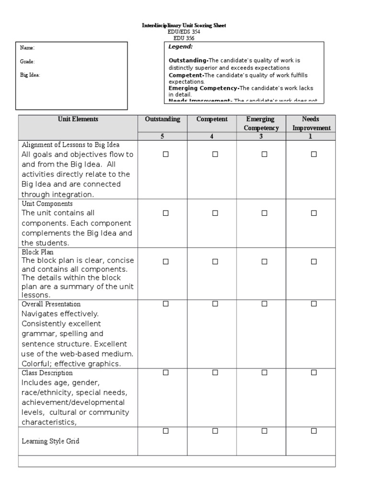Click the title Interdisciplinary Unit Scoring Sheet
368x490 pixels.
point(184,25)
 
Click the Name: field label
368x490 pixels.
point(27,48)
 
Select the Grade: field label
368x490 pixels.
point(27,62)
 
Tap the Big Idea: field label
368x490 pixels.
point(30,75)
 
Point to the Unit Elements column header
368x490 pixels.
point(78,119)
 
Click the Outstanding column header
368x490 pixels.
point(162,119)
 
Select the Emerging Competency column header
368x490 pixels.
point(261,123)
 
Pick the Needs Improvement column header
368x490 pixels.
point(311,123)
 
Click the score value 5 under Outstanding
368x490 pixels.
point(162,136)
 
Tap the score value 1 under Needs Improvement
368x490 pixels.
point(310,136)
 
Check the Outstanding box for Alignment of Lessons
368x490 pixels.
point(166,154)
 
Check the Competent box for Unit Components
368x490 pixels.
point(215,213)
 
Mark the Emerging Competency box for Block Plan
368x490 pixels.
point(264,262)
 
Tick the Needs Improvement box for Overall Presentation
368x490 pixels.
point(314,303)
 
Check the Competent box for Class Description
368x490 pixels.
point(215,372)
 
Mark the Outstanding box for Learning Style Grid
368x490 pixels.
point(166,431)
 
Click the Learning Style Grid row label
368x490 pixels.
point(50,441)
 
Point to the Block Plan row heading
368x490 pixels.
point(37,252)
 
